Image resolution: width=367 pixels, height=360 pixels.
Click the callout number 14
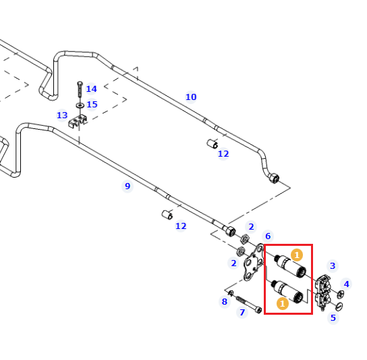[x=91, y=89]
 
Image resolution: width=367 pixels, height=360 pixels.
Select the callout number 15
[x=92, y=104]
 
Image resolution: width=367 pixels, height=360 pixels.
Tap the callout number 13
[x=62, y=115]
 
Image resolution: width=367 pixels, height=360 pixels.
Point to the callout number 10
[x=191, y=97]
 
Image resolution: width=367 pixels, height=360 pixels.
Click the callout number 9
[x=128, y=186]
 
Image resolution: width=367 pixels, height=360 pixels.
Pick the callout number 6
[x=268, y=236]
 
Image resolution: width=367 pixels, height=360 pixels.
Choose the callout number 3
[x=333, y=265]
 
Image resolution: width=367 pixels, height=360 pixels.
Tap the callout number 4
[x=346, y=284]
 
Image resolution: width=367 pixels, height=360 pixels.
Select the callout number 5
[x=333, y=318]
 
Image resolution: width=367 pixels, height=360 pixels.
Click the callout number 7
[x=242, y=312]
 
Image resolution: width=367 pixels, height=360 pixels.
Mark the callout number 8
[x=225, y=301]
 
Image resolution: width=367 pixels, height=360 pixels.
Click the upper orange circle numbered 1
[x=297, y=255]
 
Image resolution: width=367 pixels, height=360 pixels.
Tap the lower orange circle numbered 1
[x=283, y=303]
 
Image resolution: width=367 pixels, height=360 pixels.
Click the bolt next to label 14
[x=80, y=89]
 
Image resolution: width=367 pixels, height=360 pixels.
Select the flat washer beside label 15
[x=80, y=105]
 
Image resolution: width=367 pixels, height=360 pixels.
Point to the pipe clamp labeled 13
[x=78, y=121]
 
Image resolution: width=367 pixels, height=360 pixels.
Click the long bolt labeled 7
[x=248, y=304]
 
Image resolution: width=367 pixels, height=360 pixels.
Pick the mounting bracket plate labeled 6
[x=254, y=262]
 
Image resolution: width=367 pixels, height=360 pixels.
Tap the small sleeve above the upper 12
[x=213, y=143]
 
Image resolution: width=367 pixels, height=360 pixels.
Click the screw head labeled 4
[x=341, y=294]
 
